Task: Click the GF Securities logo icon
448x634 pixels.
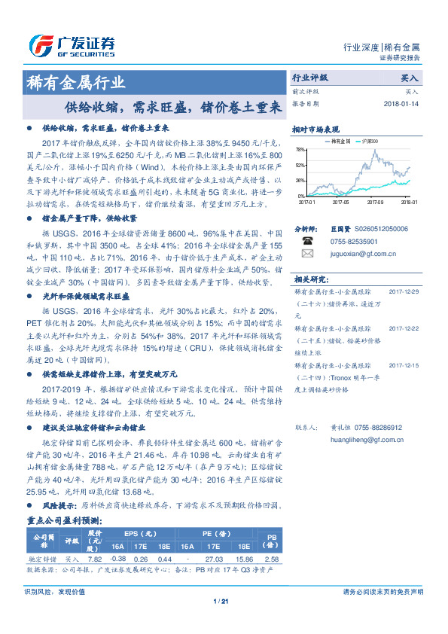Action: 39,45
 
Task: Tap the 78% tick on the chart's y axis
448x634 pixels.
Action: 301,149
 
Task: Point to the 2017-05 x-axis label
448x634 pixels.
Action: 343,202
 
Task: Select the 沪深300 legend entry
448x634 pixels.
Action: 369,141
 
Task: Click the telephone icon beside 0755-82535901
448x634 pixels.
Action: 307,241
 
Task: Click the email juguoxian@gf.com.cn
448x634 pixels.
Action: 357,255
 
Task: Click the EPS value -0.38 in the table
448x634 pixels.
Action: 118,559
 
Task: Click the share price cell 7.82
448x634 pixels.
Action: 96,559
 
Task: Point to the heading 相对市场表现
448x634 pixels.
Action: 316,129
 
